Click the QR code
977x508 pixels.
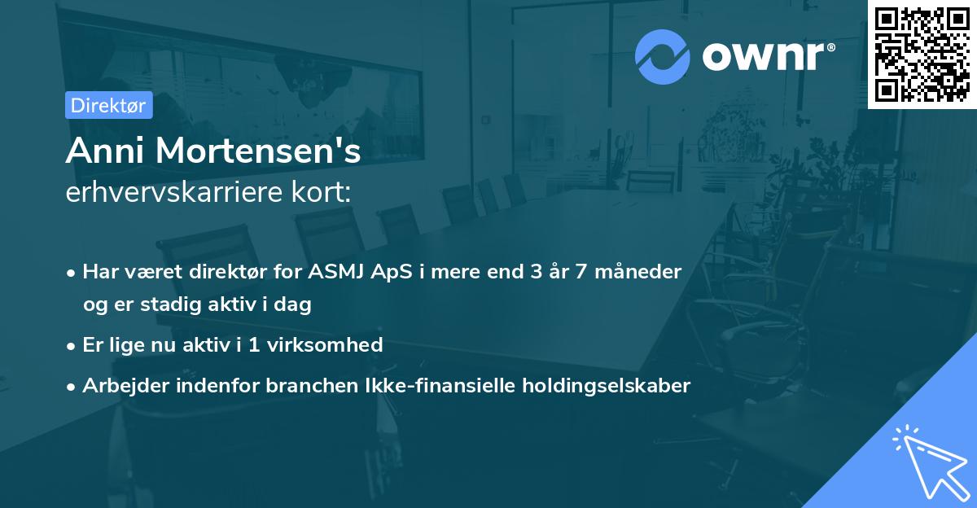pos(922,55)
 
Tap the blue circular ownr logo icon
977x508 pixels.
pos(663,57)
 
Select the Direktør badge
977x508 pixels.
pos(108,105)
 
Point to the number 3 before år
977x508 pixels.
pos(536,271)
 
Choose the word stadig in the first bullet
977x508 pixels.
pos(170,305)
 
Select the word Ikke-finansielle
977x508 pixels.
pos(425,385)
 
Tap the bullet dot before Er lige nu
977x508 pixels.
pos(72,345)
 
